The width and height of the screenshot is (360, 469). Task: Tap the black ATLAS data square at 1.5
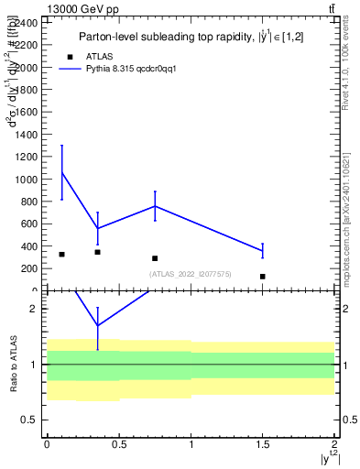[x=263, y=276]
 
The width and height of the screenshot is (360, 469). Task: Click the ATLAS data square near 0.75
[x=155, y=258]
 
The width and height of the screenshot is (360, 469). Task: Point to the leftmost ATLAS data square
[x=61, y=254]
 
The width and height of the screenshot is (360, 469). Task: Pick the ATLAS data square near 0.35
[x=97, y=252]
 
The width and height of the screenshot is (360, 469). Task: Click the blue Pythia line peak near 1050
[x=61, y=172]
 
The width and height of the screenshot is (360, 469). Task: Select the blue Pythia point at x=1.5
[x=263, y=250]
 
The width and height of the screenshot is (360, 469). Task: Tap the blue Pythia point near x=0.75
[x=155, y=206]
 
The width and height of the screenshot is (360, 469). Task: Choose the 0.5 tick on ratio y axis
[x=31, y=420]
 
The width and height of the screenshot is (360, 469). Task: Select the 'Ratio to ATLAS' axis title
[x=13, y=364]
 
